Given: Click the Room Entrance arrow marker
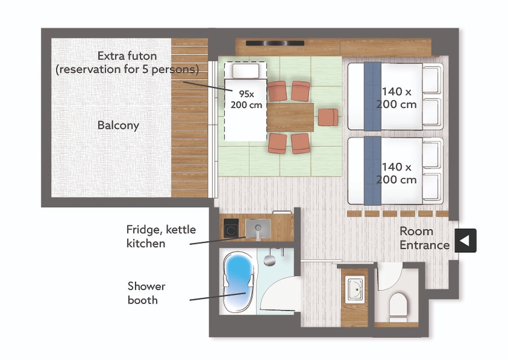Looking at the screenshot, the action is [465, 241].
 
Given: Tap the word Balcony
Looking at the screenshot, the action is [118, 126].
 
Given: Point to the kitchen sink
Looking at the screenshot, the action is [258, 228].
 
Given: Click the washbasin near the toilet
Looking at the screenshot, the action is [355, 289].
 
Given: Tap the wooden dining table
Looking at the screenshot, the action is [290, 117].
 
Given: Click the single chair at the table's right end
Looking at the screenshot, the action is [328, 117].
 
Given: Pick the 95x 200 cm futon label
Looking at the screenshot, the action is [246, 99].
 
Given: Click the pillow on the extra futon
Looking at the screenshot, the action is [246, 71].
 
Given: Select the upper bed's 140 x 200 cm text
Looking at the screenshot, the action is [397, 98].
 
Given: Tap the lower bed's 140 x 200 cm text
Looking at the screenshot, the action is [397, 173].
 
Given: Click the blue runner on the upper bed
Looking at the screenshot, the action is [372, 96].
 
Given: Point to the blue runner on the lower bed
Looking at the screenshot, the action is [372, 171].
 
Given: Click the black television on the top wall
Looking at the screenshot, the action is [275, 43].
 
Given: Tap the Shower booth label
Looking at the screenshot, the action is [147, 293].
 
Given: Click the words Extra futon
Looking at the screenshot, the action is [127, 56].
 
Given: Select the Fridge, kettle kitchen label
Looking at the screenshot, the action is [161, 236].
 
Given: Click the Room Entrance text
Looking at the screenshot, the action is [424, 238].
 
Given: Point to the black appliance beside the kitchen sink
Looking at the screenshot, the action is [231, 227].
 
